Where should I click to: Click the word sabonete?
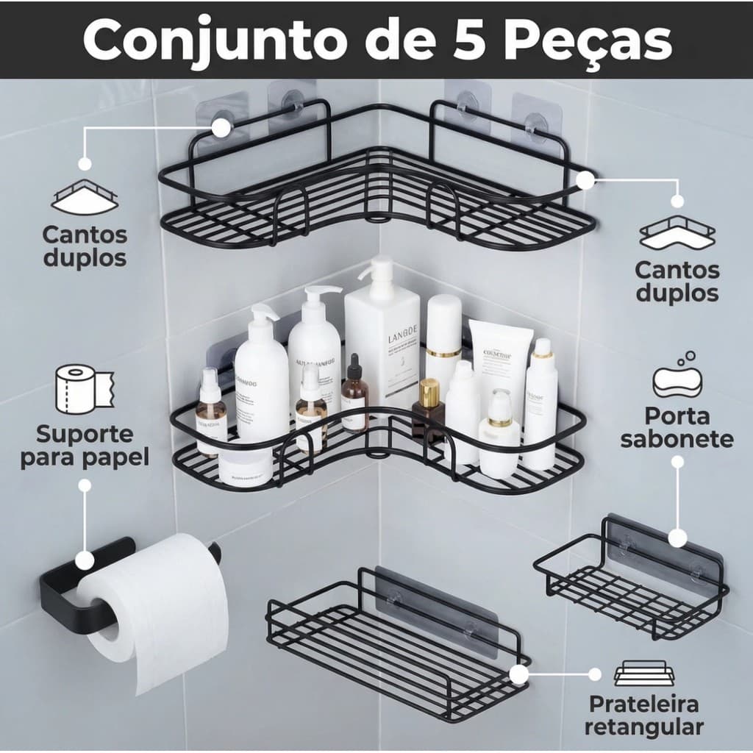(677, 440)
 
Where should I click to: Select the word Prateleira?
(643, 704)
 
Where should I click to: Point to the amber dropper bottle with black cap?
(354, 397)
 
